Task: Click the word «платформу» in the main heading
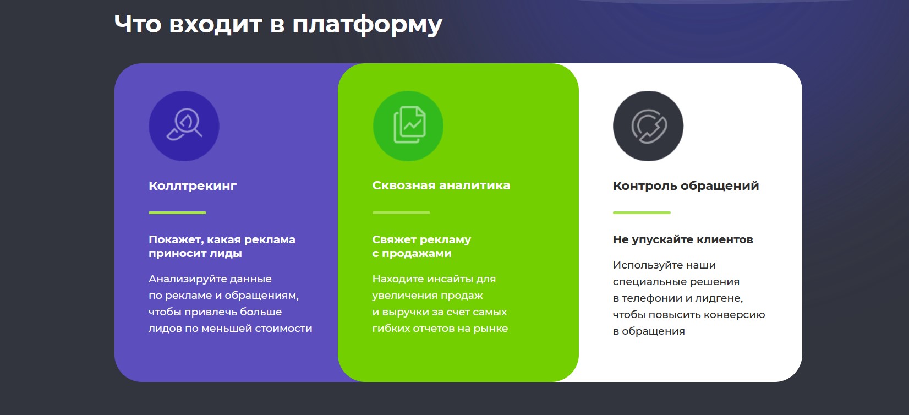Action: click(367, 25)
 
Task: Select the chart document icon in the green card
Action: click(409, 124)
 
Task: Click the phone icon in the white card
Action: click(649, 126)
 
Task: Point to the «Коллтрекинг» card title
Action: click(193, 185)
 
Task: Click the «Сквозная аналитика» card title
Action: click(441, 185)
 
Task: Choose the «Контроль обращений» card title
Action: click(686, 185)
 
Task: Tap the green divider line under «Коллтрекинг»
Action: click(177, 212)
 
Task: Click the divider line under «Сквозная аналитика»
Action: click(401, 212)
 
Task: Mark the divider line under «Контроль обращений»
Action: click(642, 212)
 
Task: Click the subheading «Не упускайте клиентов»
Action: click(683, 239)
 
